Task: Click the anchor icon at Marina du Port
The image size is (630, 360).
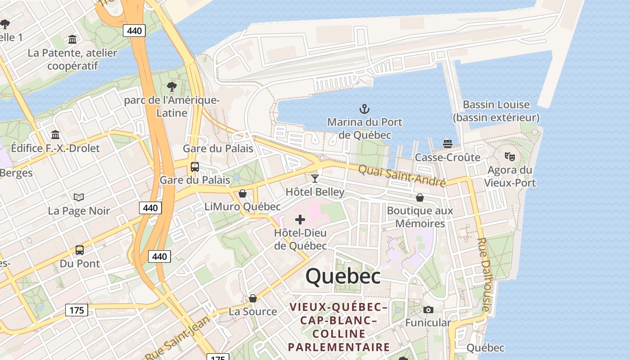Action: [364, 108]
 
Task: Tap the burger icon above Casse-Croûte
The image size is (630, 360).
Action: [447, 144]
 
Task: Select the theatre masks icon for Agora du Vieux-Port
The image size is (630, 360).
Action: [509, 156]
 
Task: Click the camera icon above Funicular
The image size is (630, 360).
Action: [428, 310]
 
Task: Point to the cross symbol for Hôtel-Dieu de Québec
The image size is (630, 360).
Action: [300, 220]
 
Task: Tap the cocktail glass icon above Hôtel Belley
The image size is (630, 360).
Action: [315, 179]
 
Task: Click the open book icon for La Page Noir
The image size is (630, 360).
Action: [79, 197]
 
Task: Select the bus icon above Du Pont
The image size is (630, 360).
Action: [80, 250]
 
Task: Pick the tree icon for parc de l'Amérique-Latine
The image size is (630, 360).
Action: [171, 86]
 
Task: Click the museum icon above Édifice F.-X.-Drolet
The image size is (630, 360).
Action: [55, 135]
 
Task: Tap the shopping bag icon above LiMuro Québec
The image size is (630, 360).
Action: [243, 193]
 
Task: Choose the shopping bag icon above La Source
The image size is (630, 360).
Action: [253, 298]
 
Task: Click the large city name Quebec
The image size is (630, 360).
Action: [343, 276]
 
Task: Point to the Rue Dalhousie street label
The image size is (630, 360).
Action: [483, 274]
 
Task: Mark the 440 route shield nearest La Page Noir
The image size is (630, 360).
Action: [150, 207]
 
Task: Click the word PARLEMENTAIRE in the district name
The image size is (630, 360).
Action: [339, 347]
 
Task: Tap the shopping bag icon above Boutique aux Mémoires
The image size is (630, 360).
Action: [420, 198]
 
